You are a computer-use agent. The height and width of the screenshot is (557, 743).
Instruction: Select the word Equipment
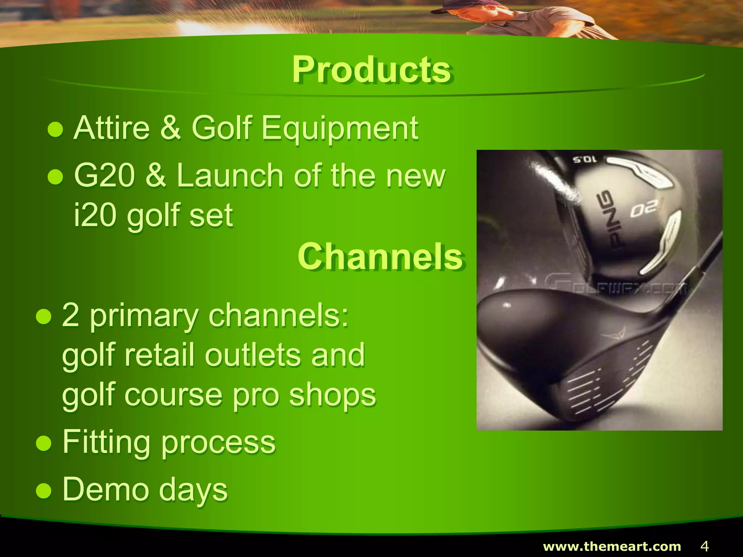340,128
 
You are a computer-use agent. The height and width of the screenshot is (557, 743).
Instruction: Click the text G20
104,176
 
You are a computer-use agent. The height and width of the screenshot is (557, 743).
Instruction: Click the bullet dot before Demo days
44,490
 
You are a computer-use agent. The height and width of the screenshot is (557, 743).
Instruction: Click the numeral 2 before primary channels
70,315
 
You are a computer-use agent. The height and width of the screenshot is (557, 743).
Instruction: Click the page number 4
704,546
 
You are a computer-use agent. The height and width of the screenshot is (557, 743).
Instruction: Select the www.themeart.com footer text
612,546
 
